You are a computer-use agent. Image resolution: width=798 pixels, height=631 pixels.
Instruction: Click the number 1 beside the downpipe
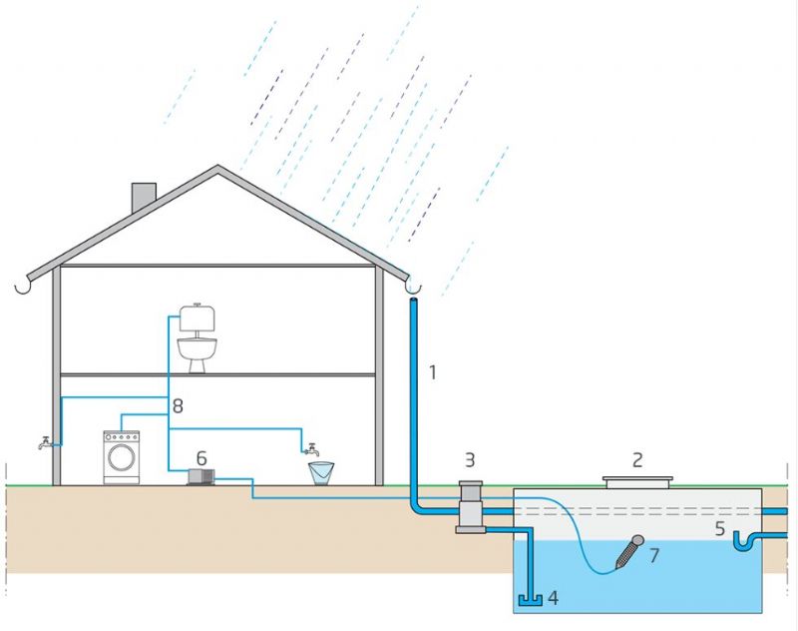433,373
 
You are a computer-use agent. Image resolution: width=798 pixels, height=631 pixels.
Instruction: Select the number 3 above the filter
469,460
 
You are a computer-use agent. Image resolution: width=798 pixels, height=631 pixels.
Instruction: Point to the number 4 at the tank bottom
552,599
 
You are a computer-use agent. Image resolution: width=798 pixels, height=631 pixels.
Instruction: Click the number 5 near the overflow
720,529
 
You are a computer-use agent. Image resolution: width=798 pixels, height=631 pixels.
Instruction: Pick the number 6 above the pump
201,457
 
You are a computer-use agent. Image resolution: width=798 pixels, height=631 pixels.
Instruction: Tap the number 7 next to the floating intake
654,556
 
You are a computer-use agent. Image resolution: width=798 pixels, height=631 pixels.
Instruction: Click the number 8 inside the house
178,406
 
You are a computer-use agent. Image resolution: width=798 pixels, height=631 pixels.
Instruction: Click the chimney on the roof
145,198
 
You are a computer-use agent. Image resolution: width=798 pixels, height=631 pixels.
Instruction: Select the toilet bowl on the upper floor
198,352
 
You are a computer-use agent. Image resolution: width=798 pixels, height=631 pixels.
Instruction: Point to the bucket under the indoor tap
321,472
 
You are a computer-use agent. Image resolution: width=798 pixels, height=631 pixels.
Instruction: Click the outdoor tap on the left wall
46,443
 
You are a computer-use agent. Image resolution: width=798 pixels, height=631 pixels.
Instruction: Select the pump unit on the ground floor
201,478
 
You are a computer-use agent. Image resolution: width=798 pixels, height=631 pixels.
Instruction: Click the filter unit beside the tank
470,506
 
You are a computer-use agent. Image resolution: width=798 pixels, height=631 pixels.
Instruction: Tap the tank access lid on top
637,482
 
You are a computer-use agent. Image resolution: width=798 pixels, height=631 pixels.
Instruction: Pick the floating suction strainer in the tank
629,550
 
